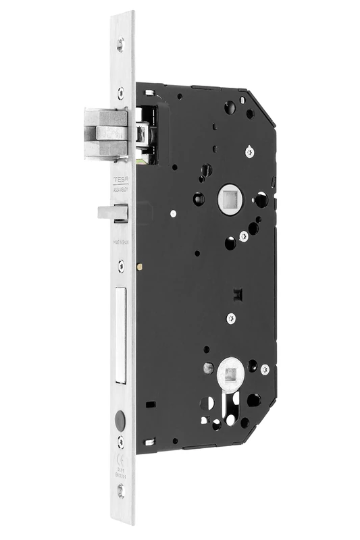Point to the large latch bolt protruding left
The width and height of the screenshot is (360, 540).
pos(105,134)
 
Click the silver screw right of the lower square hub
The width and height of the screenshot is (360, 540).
pos(265,369)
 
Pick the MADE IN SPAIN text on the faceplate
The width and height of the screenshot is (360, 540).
pos(121,240)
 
